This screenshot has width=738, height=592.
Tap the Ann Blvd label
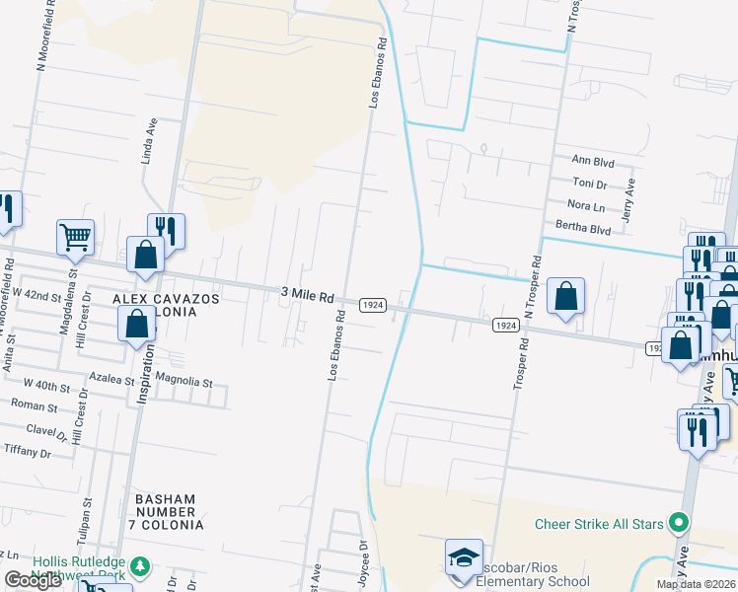(x=593, y=159)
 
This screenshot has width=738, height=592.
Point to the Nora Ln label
(x=586, y=205)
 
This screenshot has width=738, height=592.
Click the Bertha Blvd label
(x=583, y=229)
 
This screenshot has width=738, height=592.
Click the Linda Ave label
(x=150, y=140)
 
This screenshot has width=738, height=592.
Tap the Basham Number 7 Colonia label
(x=166, y=512)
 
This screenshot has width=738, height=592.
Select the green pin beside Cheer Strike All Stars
(x=677, y=522)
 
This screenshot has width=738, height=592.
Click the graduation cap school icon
(x=464, y=557)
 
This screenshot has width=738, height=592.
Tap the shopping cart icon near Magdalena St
(x=75, y=237)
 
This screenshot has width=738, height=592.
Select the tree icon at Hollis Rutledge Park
(x=141, y=566)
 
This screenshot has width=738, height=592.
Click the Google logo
(x=33, y=580)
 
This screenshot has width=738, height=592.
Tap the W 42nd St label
(x=37, y=295)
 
